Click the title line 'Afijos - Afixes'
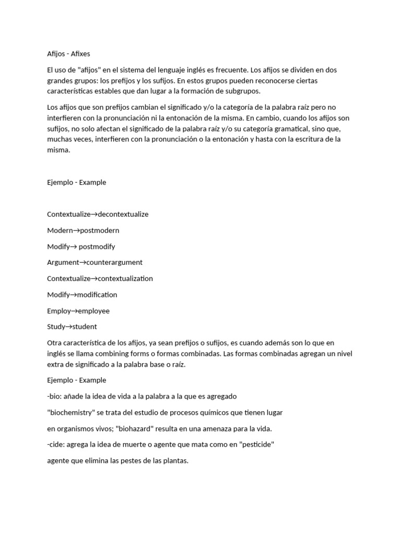pyautogui.click(x=68, y=53)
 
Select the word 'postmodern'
pyautogui.click(x=100, y=230)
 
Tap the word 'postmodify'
pyautogui.click(x=97, y=247)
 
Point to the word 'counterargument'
pyautogui.click(x=114, y=262)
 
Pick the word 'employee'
pyautogui.click(x=93, y=311)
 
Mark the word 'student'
pyautogui.click(x=84, y=327)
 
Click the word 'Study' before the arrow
pyautogui.click(x=56, y=327)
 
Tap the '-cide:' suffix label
pyautogui.click(x=56, y=445)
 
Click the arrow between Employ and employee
pyautogui.click(x=74, y=311)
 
